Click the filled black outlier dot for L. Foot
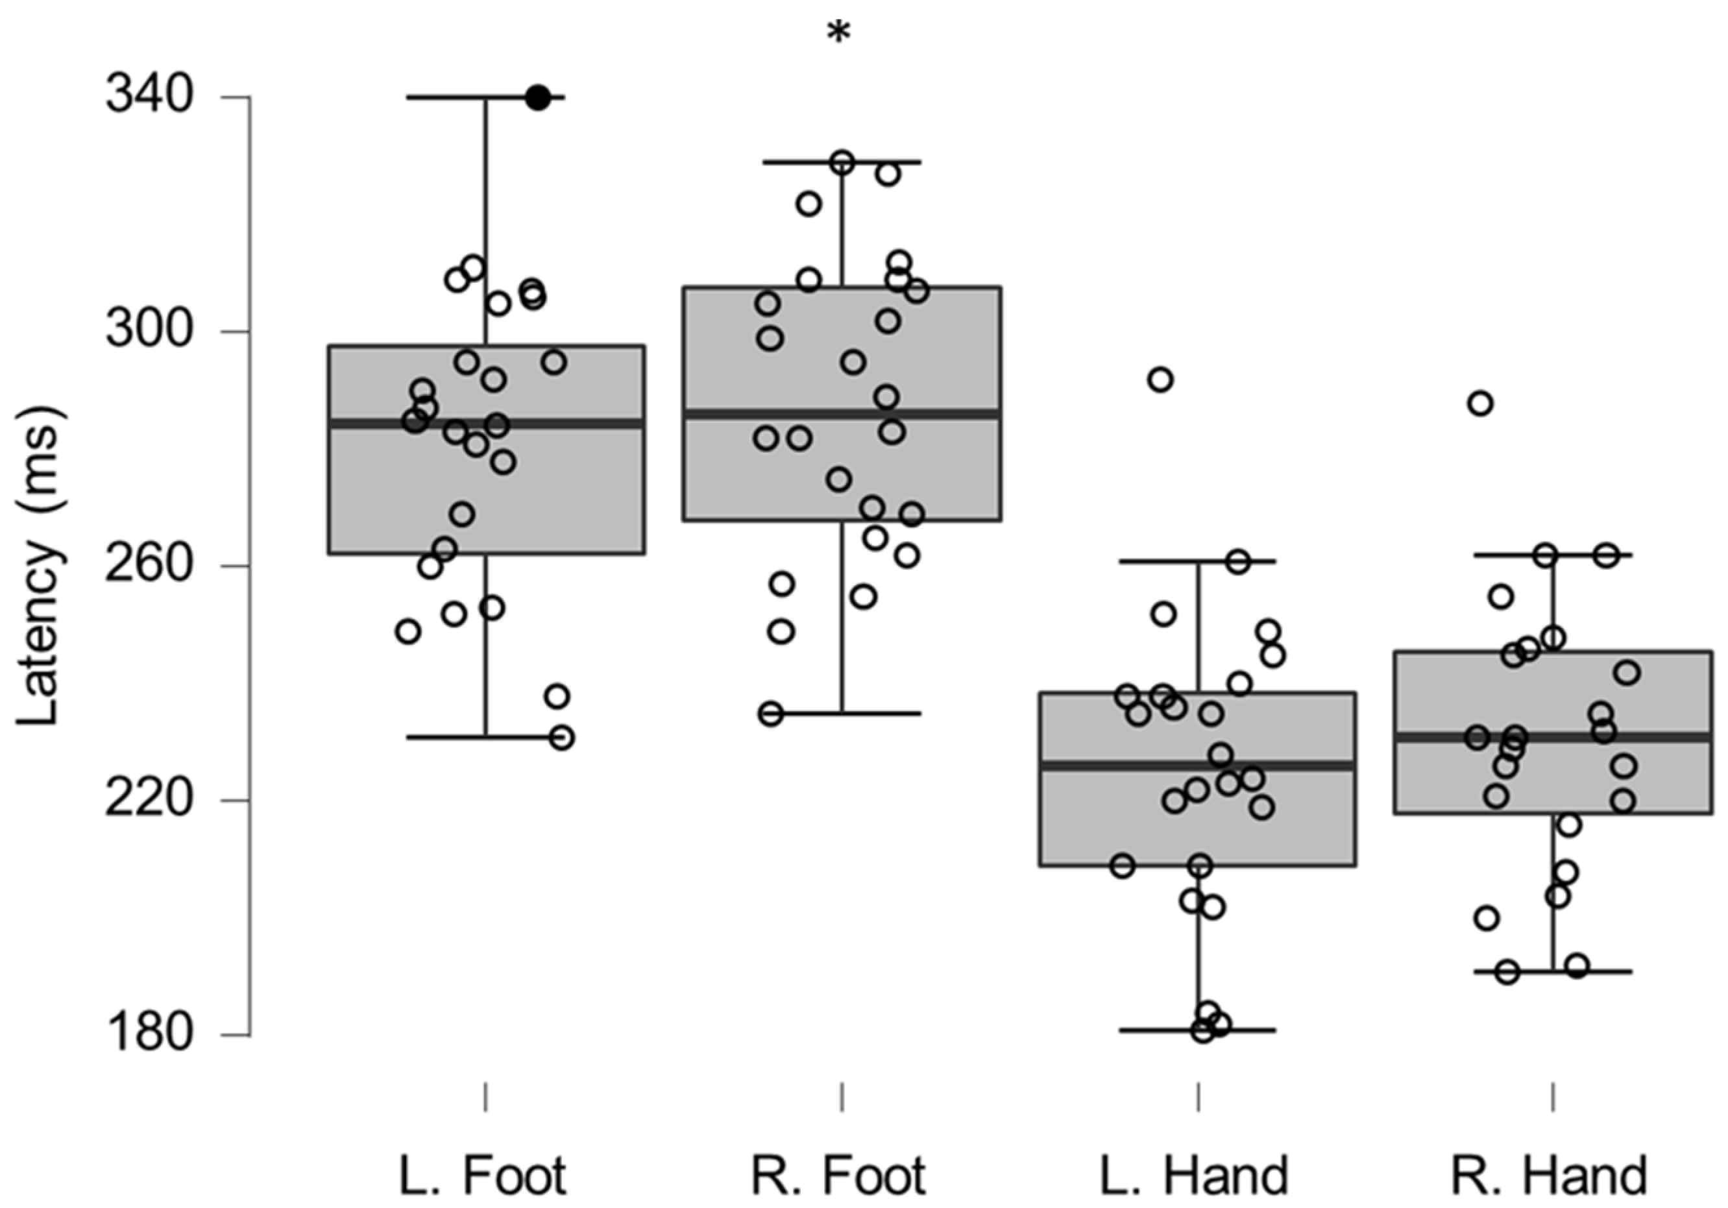click(x=537, y=97)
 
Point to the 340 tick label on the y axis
click(x=148, y=96)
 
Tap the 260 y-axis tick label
click(x=148, y=564)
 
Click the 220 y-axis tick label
click(x=148, y=799)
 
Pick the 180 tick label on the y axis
click(x=148, y=1034)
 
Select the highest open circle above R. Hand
click(x=1480, y=404)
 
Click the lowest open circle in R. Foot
click(x=771, y=714)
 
